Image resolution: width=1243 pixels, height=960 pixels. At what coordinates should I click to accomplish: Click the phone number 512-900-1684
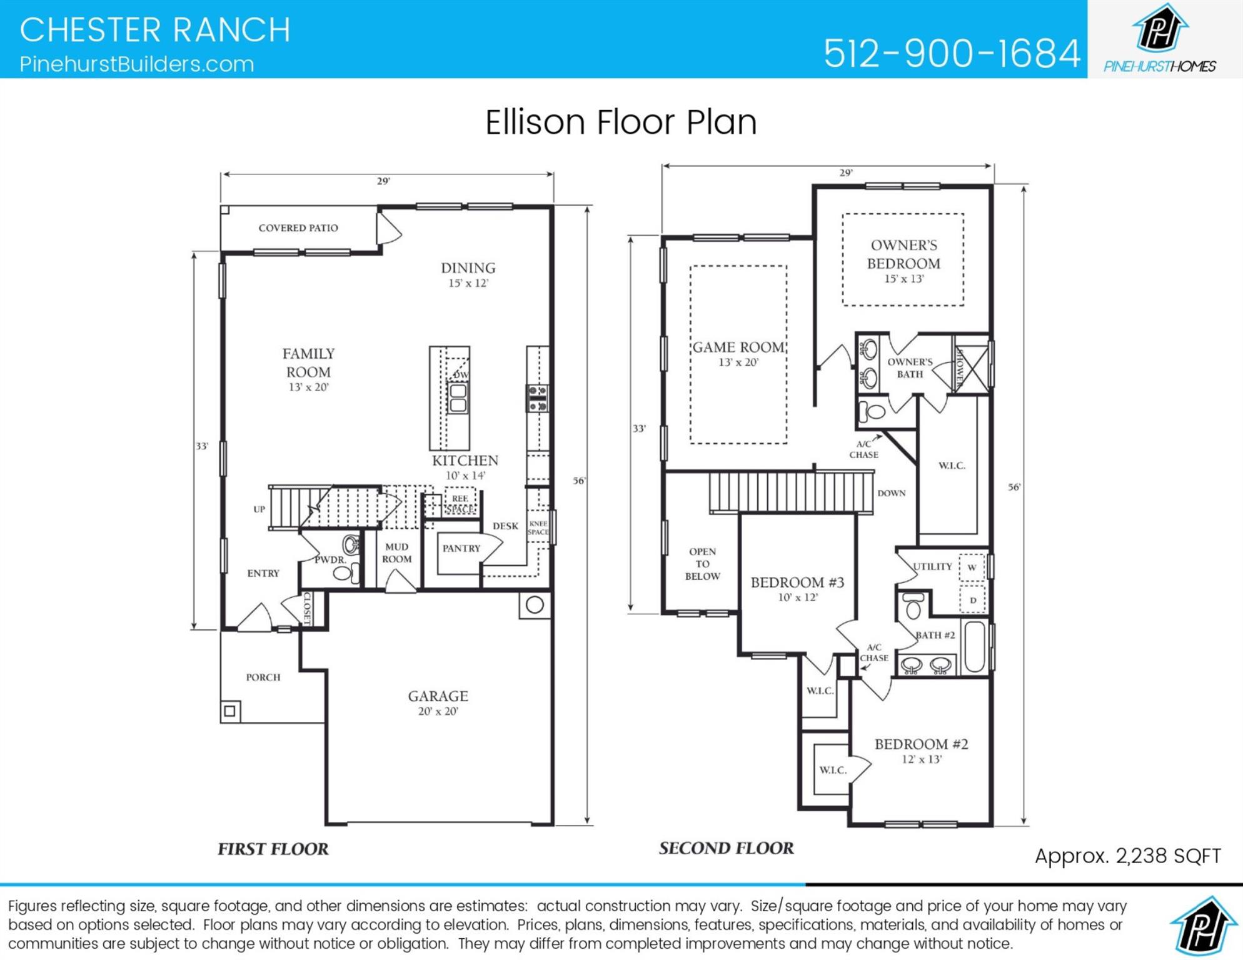pos(951,53)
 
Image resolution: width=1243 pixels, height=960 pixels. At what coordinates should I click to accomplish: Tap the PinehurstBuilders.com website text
pos(136,64)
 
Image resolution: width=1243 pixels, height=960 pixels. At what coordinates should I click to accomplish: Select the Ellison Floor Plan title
pos(621,122)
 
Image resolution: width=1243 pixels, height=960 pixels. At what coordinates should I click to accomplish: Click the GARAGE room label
pos(438,696)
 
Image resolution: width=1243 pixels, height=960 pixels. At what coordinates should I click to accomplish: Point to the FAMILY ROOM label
pos(308,362)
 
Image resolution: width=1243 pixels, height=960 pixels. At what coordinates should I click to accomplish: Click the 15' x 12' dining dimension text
pos(468,283)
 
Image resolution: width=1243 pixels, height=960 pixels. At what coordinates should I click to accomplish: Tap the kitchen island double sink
pos(458,398)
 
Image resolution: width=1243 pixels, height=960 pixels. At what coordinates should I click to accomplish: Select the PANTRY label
pos(461,549)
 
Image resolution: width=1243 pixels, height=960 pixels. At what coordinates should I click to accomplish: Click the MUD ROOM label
pos(396,553)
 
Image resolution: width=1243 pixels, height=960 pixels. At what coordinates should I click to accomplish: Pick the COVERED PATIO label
pos(298,228)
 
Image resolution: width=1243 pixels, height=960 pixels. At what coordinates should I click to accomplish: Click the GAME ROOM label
pos(738,347)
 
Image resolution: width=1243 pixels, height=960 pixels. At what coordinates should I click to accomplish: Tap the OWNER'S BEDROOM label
pos(903,254)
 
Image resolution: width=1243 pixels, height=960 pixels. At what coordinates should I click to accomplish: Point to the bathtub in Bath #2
pos(974,647)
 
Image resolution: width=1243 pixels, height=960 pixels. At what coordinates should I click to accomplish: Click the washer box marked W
pos(972,567)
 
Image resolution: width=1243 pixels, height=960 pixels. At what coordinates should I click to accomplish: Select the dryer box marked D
pos(972,600)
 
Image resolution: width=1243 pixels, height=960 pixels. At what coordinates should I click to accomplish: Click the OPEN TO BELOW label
pos(702,564)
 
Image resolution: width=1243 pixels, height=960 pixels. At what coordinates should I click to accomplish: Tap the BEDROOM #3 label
pos(797,582)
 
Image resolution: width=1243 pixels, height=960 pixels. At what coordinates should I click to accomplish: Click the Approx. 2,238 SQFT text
pos(1127,856)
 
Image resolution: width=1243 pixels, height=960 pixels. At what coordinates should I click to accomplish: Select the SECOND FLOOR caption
pos(726,848)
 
